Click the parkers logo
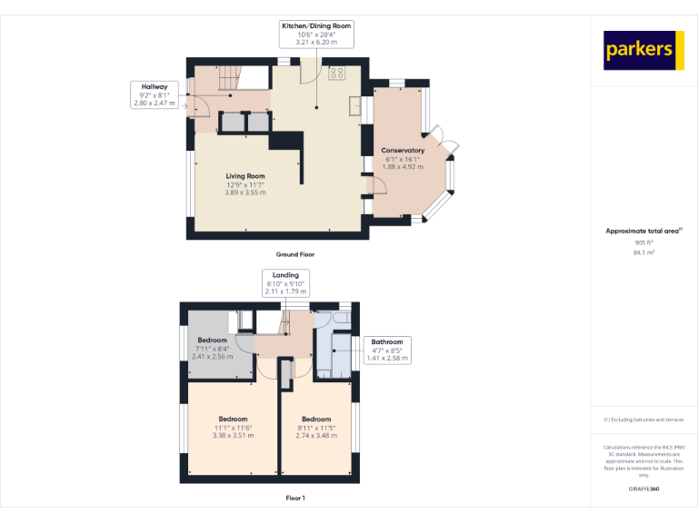pyautogui.click(x=643, y=51)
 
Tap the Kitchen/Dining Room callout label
pyautogui.click(x=315, y=35)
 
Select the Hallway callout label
pyautogui.click(x=154, y=94)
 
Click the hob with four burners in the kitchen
pyautogui.click(x=336, y=72)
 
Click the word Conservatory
pyautogui.click(x=403, y=150)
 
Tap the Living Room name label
pyautogui.click(x=245, y=176)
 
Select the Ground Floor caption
pyautogui.click(x=295, y=255)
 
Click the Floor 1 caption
pyautogui.click(x=295, y=498)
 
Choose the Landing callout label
pyautogui.click(x=286, y=282)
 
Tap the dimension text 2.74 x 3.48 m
pyautogui.click(x=316, y=436)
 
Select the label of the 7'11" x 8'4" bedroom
pyautogui.click(x=212, y=340)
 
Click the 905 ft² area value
pyautogui.click(x=643, y=242)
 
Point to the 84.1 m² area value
pyautogui.click(x=643, y=253)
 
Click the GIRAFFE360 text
pyautogui.click(x=643, y=489)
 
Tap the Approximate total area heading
pyautogui.click(x=643, y=232)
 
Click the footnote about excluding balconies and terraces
pyautogui.click(x=643, y=419)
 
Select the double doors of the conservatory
pyautogui.click(x=447, y=143)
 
